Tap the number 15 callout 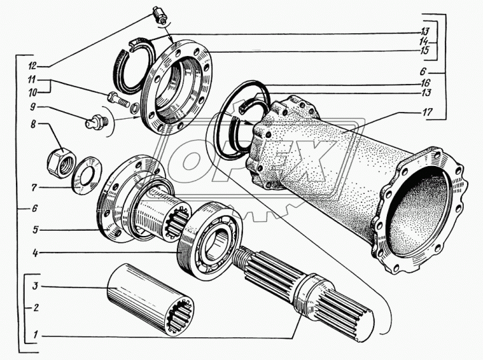424,51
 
